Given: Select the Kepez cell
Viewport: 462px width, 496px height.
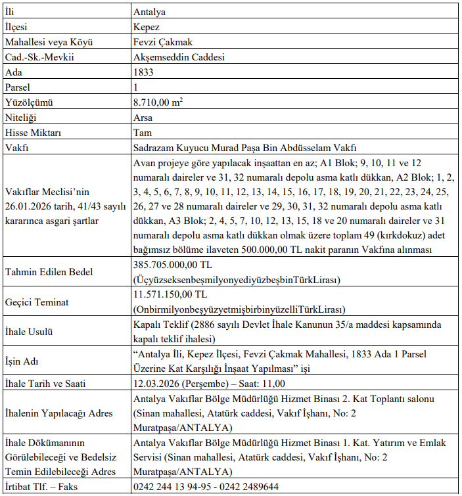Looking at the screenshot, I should [146, 27].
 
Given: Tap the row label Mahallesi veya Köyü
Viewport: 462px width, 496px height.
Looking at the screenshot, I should [48, 42].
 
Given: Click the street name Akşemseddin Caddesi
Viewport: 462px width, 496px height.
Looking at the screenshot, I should [179, 57].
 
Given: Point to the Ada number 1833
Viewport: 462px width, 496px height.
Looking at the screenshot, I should [144, 72].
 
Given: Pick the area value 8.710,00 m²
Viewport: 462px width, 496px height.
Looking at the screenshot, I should [157, 102].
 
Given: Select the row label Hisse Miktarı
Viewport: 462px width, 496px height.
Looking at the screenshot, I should [33, 133].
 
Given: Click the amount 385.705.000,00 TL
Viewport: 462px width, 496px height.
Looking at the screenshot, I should [173, 265].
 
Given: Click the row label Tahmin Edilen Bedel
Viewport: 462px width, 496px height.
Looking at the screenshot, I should [49, 272].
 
